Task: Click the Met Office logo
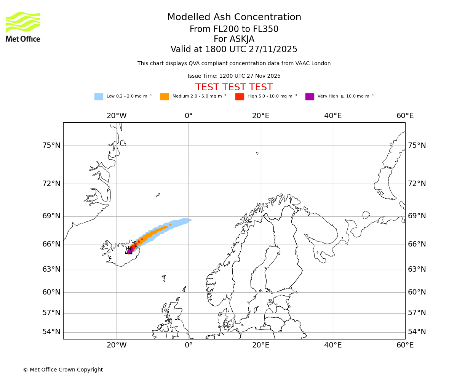23,27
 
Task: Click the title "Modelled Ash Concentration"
234,18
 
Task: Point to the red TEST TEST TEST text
234,87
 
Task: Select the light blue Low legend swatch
99,97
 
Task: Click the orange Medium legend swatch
165,97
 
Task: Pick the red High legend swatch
240,97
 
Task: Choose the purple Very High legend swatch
310,97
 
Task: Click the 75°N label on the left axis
51,146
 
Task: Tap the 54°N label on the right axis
417,332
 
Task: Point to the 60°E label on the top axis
405,116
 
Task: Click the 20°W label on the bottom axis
117,345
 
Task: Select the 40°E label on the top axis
333,116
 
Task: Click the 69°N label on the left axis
51,216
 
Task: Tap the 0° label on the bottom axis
189,345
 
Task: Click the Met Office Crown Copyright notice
63,370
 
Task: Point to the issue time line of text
234,76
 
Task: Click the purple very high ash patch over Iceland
129,250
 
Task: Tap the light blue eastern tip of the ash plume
188,220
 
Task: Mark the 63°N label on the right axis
417,269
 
